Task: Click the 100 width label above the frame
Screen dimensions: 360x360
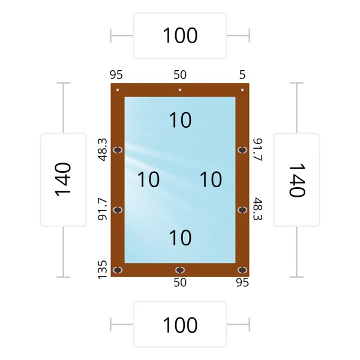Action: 180,35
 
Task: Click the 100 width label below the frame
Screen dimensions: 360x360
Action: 180,325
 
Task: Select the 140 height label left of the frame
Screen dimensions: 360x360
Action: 63,179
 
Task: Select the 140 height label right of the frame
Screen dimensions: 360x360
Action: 296,180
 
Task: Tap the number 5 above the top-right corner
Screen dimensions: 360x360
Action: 242,74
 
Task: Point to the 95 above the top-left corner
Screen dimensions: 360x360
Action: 116,74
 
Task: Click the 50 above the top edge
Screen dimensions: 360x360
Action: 180,74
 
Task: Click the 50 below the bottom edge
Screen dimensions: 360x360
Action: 180,283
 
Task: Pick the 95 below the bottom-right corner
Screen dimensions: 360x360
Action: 242,283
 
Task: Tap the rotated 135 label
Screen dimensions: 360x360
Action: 103,269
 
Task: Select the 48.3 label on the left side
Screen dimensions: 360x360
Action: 103,149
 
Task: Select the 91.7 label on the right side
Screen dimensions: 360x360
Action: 257,149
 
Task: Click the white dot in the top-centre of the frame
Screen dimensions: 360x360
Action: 180,90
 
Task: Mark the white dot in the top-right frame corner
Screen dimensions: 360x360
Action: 242,90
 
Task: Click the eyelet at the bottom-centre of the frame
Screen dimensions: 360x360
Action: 180,270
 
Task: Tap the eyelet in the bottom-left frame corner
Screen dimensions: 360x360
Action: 118,270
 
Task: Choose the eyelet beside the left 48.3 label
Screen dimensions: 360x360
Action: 118,150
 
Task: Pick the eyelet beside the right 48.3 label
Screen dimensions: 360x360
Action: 242,210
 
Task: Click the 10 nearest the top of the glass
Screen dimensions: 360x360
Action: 180,120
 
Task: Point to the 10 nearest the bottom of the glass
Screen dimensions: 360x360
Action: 180,238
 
